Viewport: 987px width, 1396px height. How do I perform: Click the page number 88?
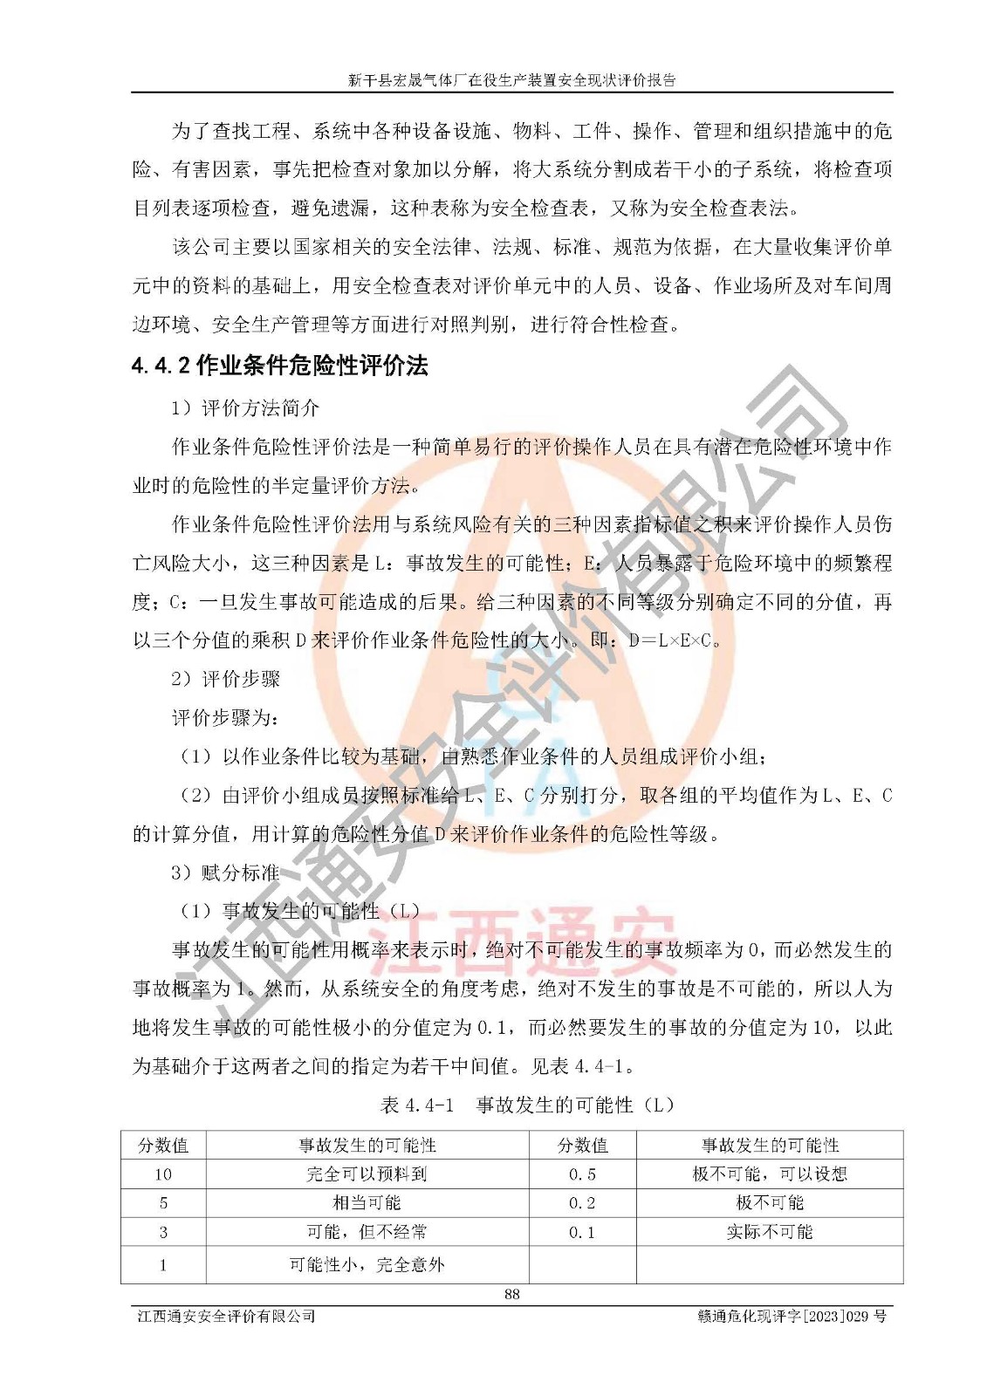511,1294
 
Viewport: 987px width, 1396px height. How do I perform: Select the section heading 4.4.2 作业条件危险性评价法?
280,366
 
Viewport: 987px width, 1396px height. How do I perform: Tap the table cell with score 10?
163,1174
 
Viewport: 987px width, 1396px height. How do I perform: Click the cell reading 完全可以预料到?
367,1174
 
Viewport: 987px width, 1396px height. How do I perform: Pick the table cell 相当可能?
367,1203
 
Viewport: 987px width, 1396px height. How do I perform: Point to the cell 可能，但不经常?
367,1232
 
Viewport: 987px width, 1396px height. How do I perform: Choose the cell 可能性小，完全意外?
367,1264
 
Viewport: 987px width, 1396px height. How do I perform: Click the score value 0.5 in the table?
582,1174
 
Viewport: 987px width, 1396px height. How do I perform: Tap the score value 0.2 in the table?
582,1203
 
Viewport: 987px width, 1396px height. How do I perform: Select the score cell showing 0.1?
582,1232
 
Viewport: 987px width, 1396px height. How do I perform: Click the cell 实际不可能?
769,1232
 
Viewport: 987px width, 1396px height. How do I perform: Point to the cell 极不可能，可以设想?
769,1174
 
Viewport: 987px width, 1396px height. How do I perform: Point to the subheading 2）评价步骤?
226,679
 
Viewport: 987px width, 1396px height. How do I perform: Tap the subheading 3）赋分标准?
226,872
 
